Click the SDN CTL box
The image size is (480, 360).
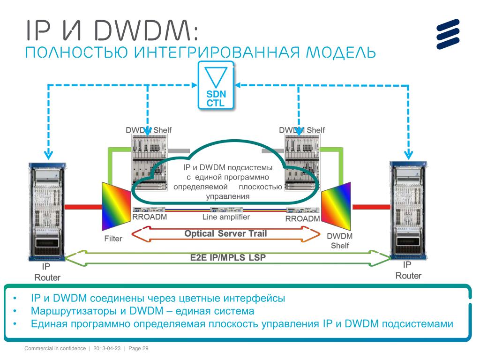(216, 87)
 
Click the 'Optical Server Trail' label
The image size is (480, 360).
(225, 233)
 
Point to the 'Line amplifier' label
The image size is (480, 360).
(226, 217)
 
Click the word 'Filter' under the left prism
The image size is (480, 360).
(113, 239)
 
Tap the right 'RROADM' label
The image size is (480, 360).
(302, 219)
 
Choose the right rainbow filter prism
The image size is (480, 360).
(336, 206)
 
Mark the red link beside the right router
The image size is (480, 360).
(370, 206)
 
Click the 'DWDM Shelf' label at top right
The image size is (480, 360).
(302, 130)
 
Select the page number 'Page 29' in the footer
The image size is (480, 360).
(138, 348)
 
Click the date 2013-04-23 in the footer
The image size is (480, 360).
(107, 348)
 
